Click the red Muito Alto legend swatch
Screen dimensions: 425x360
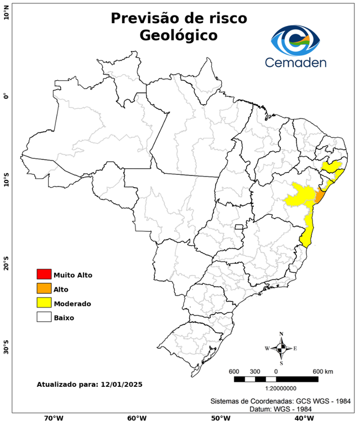(44, 274)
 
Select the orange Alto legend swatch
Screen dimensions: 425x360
(44, 288)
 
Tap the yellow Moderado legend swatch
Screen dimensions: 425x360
(44, 303)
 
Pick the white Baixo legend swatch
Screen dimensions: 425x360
(44, 317)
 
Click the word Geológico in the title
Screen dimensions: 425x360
(179, 35)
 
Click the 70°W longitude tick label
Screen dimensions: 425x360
(53, 418)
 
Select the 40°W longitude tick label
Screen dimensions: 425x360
(302, 418)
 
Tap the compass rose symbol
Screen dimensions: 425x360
(281, 348)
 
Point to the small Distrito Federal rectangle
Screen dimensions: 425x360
(239, 227)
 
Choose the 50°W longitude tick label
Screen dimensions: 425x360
(219, 418)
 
